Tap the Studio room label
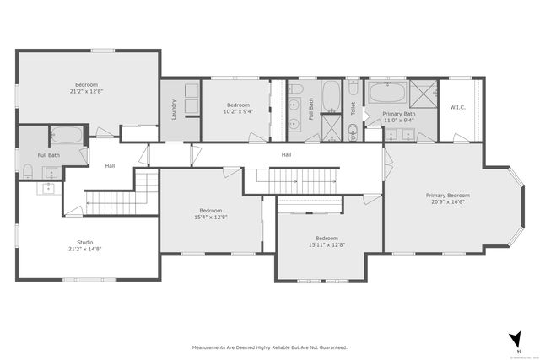[x=86, y=242]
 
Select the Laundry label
[x=174, y=110]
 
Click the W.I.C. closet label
[x=458, y=107]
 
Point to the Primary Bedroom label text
[x=447, y=196]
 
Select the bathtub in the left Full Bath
[x=66, y=135]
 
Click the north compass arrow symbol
[x=514, y=339]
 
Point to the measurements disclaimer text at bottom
[x=269, y=347]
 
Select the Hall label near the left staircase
[x=110, y=166]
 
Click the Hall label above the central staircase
[x=286, y=154]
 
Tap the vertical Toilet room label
[x=353, y=109]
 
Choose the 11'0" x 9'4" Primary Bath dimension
[x=397, y=120]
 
